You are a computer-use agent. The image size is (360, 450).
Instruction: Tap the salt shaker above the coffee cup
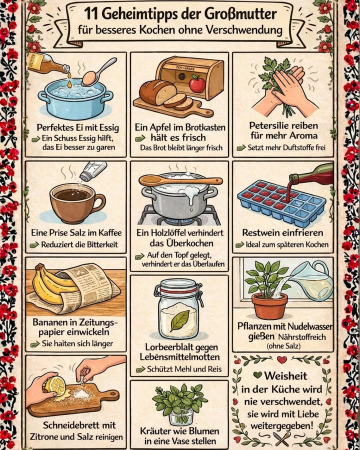[x=88, y=171]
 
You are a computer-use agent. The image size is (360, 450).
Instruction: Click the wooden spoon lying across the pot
[x=180, y=180]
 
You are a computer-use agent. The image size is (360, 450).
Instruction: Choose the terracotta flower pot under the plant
[x=269, y=305]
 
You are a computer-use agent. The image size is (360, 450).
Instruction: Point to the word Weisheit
[x=286, y=375]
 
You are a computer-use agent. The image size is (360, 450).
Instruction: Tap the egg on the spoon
[x=89, y=77]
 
